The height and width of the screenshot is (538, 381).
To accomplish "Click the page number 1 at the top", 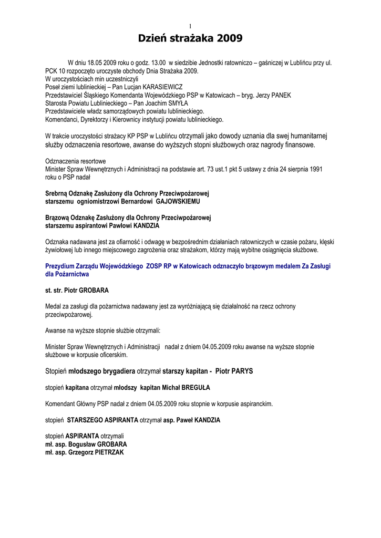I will coord(190,26).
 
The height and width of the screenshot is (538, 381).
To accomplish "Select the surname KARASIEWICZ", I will coord(159,87).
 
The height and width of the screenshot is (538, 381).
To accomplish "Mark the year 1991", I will coord(314,169).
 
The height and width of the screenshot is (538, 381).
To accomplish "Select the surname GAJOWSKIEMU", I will coord(171,201).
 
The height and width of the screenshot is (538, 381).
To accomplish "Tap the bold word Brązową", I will coord(59,218).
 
